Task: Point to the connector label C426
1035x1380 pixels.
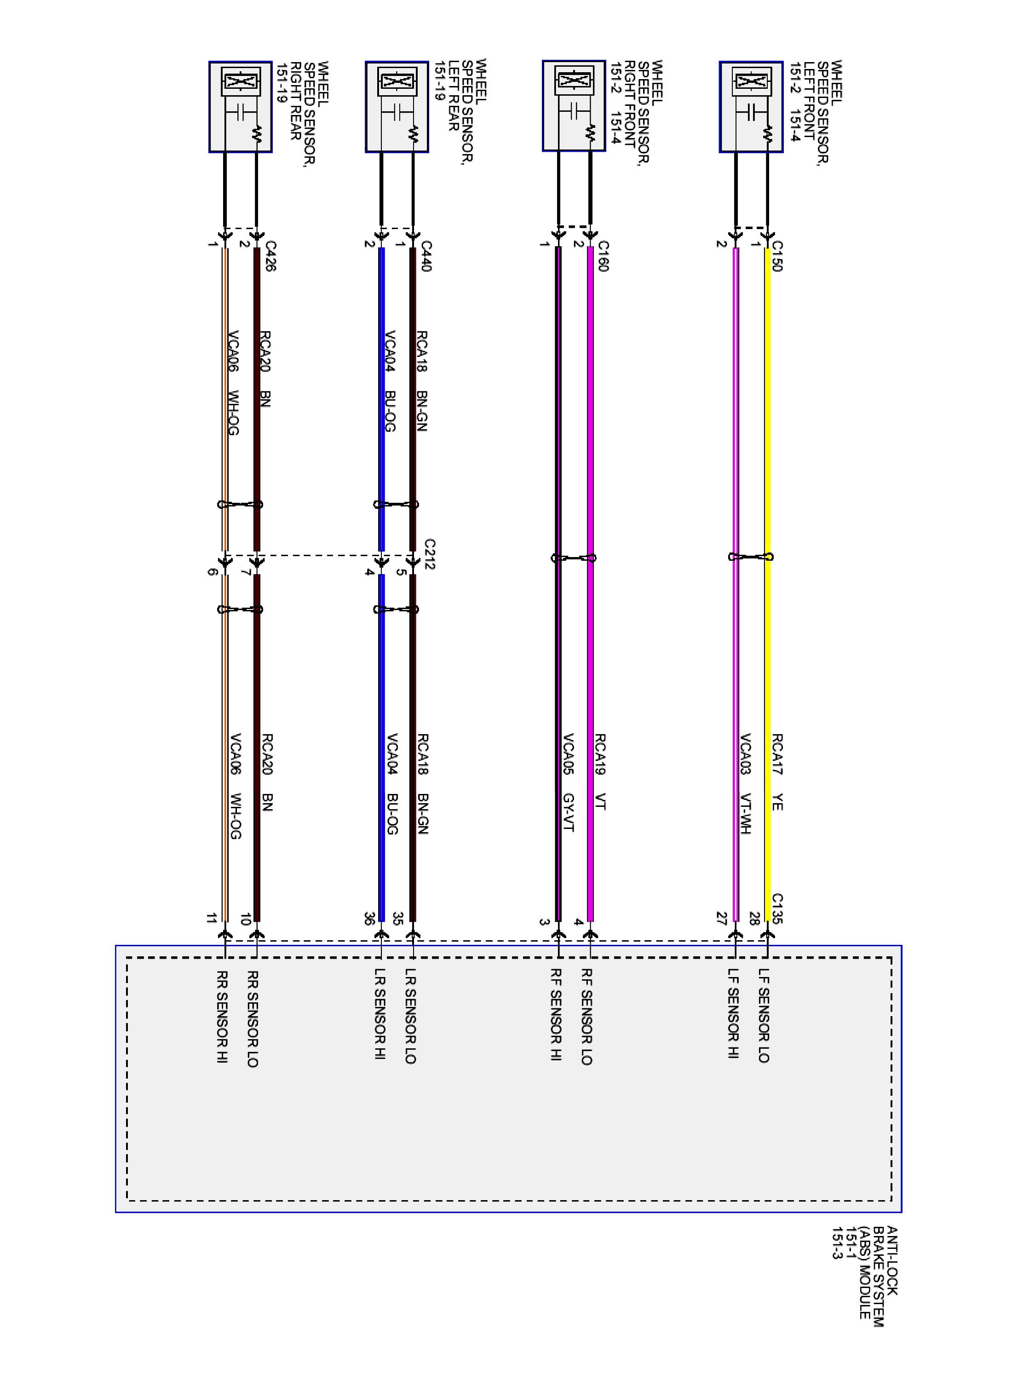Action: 270,256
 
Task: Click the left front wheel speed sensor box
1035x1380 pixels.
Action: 751,106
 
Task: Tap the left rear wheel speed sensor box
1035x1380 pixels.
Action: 397,106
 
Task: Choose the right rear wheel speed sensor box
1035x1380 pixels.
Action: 240,106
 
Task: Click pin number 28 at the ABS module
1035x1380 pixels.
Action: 754,918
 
